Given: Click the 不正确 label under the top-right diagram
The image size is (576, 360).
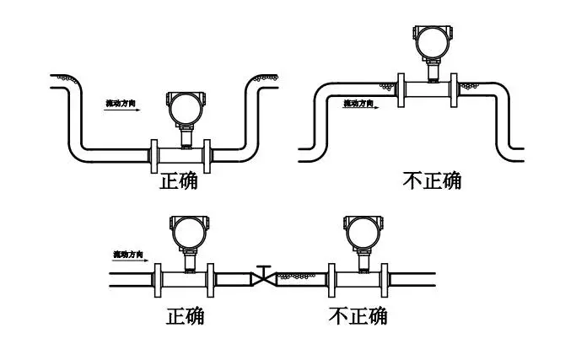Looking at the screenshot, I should (x=431, y=180).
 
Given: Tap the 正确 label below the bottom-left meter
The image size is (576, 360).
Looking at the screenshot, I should (x=185, y=317).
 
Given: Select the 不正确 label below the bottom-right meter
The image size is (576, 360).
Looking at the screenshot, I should (x=358, y=316).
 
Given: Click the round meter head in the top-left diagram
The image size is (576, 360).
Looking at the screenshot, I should (x=183, y=108).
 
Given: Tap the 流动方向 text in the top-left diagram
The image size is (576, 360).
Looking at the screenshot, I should (x=121, y=103).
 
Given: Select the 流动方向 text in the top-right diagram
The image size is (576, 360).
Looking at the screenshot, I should (x=360, y=103).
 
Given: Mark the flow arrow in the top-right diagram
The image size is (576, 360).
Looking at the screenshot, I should (x=363, y=109).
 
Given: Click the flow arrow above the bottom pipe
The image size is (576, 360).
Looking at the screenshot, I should (x=131, y=259).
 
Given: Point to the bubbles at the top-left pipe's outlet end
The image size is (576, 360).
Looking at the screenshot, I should (x=268, y=78).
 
